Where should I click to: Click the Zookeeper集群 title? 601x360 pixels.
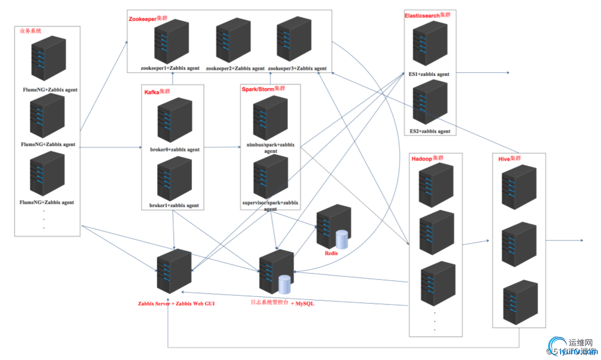(x=148, y=18)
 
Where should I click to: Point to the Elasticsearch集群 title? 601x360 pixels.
(x=427, y=15)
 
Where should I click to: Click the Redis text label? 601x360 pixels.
(x=331, y=253)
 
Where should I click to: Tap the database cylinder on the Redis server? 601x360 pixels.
(x=342, y=239)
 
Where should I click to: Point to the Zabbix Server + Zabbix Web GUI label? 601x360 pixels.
(x=176, y=304)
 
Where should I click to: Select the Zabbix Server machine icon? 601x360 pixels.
(x=174, y=272)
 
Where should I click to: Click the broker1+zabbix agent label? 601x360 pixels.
(x=174, y=206)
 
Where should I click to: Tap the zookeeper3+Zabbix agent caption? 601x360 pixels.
(x=297, y=68)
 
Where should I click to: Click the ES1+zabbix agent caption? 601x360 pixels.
(x=429, y=74)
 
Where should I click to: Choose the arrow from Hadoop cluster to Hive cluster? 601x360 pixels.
(x=477, y=240)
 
